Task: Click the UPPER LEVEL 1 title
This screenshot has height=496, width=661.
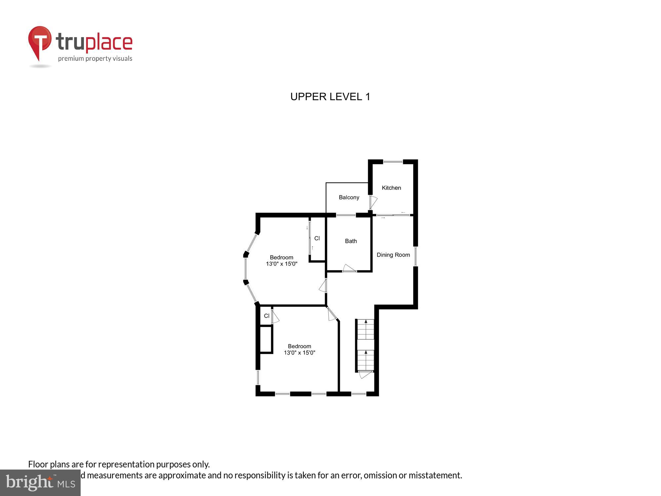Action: click(x=330, y=97)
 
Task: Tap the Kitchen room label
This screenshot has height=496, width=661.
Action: click(x=391, y=188)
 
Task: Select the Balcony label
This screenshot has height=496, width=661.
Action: click(x=349, y=197)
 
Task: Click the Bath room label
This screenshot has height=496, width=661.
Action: click(x=351, y=241)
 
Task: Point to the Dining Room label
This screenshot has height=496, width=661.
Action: click(x=393, y=255)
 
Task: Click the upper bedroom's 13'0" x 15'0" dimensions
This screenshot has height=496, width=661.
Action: click(x=282, y=264)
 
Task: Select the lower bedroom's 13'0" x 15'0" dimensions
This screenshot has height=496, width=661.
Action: click(x=299, y=353)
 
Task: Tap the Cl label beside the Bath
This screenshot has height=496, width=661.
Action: click(x=317, y=238)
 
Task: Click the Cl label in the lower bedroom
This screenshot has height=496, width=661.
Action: click(x=267, y=316)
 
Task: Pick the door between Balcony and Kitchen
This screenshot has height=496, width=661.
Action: click(x=373, y=202)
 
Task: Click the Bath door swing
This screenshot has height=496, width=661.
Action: click(x=349, y=268)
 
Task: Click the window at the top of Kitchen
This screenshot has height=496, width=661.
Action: click(x=393, y=162)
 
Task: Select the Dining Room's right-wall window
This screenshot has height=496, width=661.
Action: click(x=415, y=256)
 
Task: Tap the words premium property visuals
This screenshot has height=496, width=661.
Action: click(x=95, y=59)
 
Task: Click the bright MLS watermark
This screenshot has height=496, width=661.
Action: click(x=40, y=483)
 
